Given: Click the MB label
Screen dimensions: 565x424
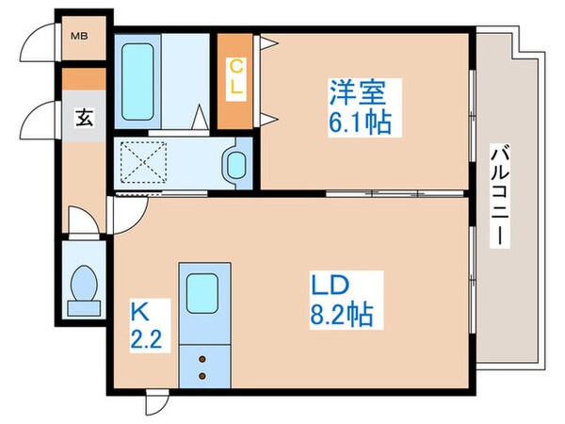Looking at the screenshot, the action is (79, 36).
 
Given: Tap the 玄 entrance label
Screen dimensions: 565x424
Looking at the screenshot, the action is (85, 118).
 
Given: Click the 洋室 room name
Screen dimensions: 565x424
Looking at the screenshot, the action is (357, 92).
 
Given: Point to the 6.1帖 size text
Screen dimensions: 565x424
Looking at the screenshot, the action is (360, 122).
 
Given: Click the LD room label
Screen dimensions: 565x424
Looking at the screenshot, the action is (331, 285).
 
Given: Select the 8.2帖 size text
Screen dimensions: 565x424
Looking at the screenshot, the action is (341, 315).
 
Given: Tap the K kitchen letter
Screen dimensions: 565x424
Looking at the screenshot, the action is (140, 312).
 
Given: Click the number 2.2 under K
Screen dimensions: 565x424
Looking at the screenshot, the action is (146, 339).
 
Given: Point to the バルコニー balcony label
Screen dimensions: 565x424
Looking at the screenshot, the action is (500, 196).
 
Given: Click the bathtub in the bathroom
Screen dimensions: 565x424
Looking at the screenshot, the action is (137, 82).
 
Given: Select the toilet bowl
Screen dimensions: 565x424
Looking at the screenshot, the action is (84, 284).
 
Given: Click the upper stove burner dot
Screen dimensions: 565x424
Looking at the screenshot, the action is (202, 359).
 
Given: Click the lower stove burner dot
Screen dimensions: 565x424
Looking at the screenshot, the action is (202, 376).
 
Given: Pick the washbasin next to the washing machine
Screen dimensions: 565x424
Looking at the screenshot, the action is (236, 165).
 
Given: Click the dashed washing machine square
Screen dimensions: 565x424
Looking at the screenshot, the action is (143, 162).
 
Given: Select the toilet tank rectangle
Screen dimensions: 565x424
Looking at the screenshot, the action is (84, 309).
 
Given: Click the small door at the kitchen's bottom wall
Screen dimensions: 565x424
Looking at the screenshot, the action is (157, 401).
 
